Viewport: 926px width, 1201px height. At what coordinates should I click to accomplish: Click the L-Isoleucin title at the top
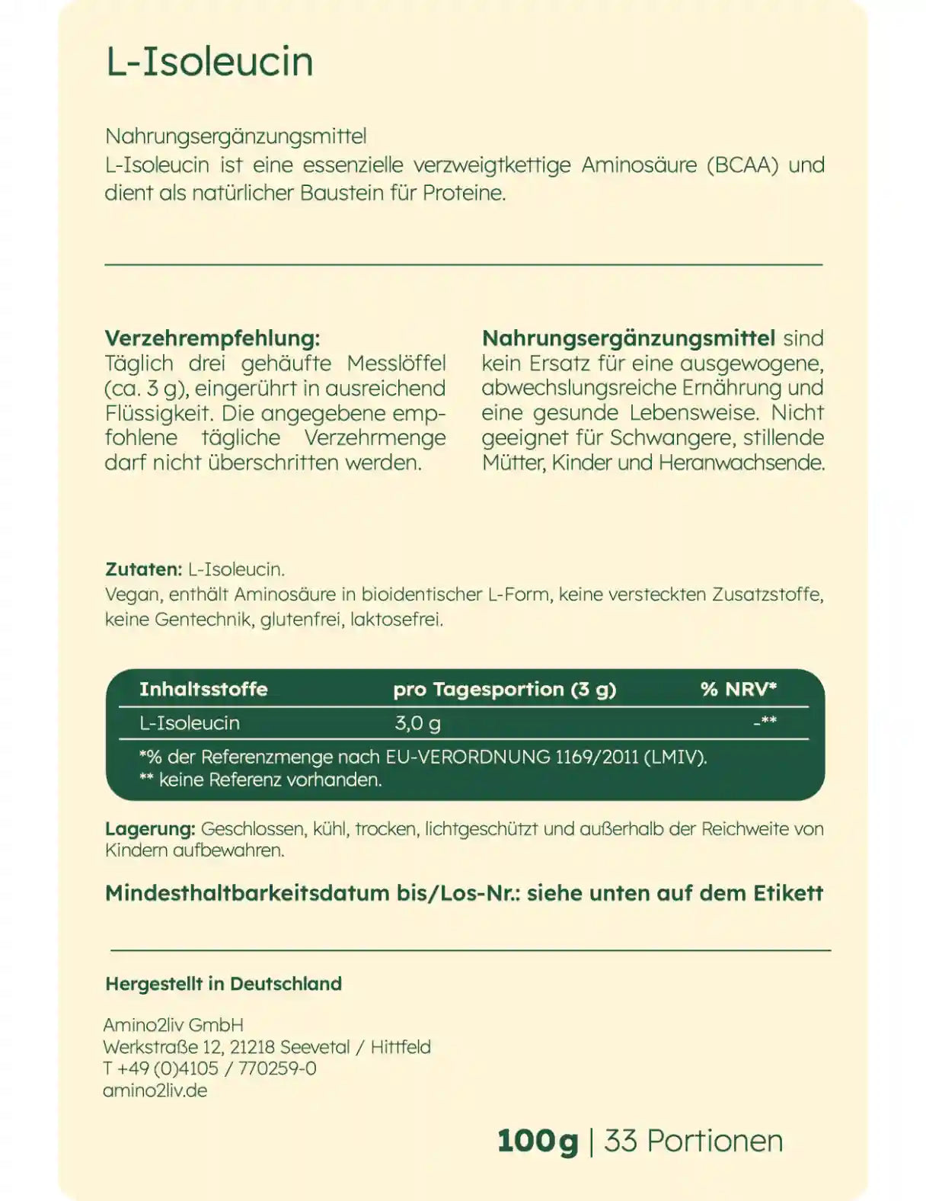click(209, 61)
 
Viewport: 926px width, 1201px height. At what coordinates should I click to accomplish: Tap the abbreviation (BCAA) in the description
click(742, 165)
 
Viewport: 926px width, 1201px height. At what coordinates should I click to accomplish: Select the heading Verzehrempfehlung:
click(212, 338)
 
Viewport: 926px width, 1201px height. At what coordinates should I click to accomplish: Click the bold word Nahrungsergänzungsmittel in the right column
click(628, 338)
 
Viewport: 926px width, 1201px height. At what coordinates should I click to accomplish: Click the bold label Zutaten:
click(143, 569)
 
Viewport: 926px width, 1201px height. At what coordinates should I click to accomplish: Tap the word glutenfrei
click(301, 620)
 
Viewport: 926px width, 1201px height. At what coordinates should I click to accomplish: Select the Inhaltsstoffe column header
click(203, 690)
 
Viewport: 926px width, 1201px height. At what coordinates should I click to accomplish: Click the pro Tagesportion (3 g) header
click(504, 690)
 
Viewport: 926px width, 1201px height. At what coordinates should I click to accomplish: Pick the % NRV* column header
click(738, 690)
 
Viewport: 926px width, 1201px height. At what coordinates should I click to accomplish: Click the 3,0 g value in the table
click(417, 723)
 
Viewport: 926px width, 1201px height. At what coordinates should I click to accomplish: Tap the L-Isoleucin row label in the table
click(190, 723)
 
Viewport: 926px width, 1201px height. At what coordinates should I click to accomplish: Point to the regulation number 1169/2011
click(596, 757)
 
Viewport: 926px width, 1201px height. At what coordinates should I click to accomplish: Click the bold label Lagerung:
click(150, 829)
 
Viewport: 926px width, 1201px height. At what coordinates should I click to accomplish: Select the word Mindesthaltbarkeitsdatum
click(247, 893)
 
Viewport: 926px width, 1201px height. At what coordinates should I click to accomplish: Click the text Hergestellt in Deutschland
click(223, 984)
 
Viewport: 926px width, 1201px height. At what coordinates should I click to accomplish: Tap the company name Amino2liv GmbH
click(173, 1026)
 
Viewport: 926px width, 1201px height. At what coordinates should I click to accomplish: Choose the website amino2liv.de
click(155, 1091)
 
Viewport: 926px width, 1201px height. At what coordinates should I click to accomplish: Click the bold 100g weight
click(538, 1142)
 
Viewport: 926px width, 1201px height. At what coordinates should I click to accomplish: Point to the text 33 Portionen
click(693, 1142)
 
